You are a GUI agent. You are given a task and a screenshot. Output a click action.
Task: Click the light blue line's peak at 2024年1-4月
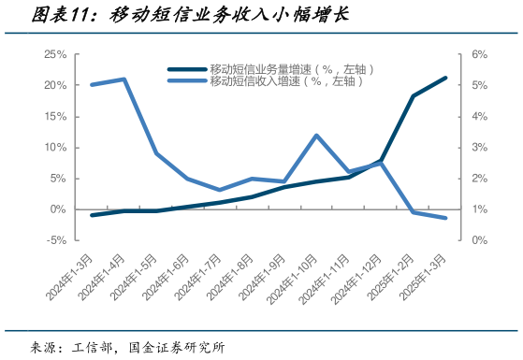click(x=124, y=79)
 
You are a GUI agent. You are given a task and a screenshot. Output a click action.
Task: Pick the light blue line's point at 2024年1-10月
click(x=316, y=136)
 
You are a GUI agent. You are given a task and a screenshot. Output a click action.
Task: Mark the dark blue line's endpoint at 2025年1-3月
click(x=445, y=78)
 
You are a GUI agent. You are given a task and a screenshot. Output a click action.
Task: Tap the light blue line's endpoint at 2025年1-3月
click(x=445, y=218)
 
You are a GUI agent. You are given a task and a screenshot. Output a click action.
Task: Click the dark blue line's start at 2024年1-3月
click(x=92, y=215)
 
